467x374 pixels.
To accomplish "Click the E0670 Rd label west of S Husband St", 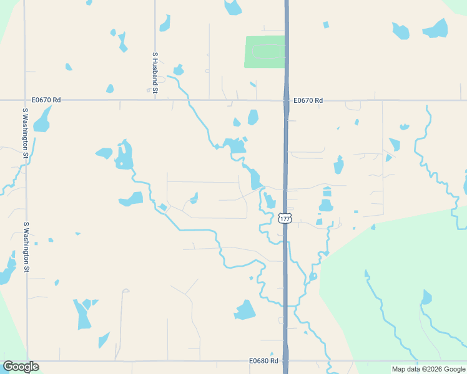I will tap(46, 100).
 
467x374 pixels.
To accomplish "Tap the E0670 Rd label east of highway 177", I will tap(308, 100).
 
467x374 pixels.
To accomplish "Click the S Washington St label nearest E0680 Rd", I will tap(26, 247).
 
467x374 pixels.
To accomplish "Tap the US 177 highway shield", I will tap(285, 218).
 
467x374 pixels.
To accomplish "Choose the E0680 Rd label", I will tap(263, 361).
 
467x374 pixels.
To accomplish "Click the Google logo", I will tap(21, 367).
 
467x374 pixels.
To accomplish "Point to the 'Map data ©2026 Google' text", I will tap(428, 369).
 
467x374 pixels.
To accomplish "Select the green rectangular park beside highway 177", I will tap(265, 52).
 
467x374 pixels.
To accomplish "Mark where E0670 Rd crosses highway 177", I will tap(286, 100).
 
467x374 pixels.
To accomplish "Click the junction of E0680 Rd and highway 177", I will tap(286, 360).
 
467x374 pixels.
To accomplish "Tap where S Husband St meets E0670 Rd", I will tap(155, 100).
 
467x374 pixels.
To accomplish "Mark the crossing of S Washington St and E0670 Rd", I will tap(25, 100).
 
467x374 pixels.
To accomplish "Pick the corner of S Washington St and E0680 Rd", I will tap(26, 360).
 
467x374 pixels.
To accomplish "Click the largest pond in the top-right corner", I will tap(436, 28).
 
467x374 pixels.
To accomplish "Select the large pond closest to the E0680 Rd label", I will tap(245, 310).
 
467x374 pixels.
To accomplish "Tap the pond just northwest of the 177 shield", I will tap(269, 201).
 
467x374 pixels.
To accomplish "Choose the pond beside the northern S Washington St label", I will tap(42, 120).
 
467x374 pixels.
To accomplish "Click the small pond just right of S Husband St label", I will tap(178, 70).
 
